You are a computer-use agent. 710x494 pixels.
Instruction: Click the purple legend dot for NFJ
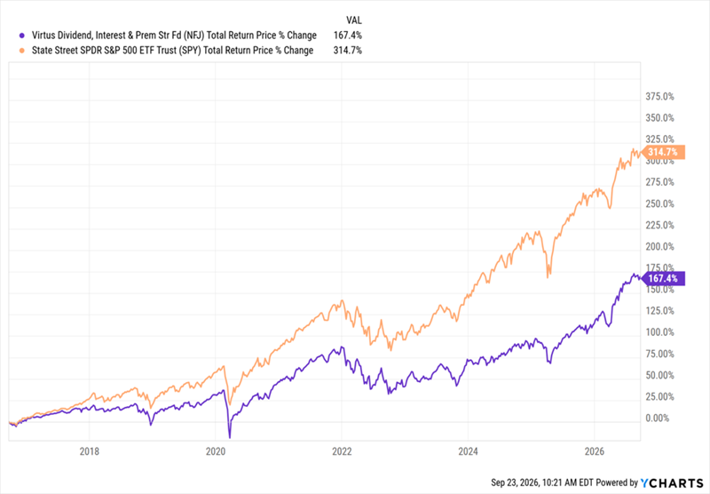tap(21, 36)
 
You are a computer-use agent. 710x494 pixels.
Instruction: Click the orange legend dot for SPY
tap(21, 51)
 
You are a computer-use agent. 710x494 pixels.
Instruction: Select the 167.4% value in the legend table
tap(347, 36)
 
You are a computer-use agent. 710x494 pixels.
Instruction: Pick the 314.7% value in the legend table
tap(347, 51)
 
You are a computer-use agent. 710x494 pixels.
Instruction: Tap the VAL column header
tap(354, 20)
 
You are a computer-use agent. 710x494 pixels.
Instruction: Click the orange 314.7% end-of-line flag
tap(663, 152)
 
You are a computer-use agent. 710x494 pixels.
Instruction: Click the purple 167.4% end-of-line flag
tap(663, 278)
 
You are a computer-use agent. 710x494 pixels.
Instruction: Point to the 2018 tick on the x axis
tap(90, 451)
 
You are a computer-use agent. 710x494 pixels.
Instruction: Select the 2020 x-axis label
tap(216, 451)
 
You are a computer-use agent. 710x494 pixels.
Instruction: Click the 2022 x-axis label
tap(342, 451)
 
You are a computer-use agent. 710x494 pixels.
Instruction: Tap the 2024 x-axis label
tap(469, 451)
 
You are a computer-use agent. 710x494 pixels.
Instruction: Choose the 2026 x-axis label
tap(595, 451)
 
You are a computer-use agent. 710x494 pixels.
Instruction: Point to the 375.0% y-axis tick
tap(659, 97)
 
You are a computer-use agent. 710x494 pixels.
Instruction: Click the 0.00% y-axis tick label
tap(657, 418)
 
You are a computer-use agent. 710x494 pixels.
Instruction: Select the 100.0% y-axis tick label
tap(659, 332)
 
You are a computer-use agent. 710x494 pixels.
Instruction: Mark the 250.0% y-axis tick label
tap(659, 204)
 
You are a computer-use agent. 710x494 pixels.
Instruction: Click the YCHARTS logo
tap(672, 483)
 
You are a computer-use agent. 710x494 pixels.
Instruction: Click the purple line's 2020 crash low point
tap(230, 438)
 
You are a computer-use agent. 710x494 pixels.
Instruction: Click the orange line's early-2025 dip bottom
tap(548, 277)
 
